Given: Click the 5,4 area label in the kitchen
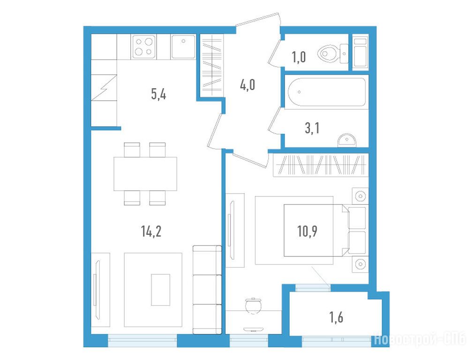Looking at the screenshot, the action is (158, 95).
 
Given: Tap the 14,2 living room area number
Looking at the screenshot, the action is (151, 232).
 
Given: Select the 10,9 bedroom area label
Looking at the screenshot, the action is (307, 232).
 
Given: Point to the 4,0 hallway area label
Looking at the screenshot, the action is (248, 85).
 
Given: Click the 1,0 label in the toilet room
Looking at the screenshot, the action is (299, 57).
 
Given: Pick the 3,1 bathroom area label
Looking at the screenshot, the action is (312, 128).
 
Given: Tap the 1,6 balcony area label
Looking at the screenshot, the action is (336, 317).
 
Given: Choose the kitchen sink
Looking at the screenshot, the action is (183, 46).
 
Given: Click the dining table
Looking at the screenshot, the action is (145, 174).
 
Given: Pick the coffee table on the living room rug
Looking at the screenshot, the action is (160, 289).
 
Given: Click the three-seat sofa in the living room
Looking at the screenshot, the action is (207, 290).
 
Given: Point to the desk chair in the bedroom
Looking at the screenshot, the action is (253, 305).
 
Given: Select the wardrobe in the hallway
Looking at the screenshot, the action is (212, 65).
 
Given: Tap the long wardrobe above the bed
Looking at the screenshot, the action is (321, 165).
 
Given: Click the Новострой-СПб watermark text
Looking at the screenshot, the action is (420, 339).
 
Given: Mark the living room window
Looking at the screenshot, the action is (143, 340).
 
